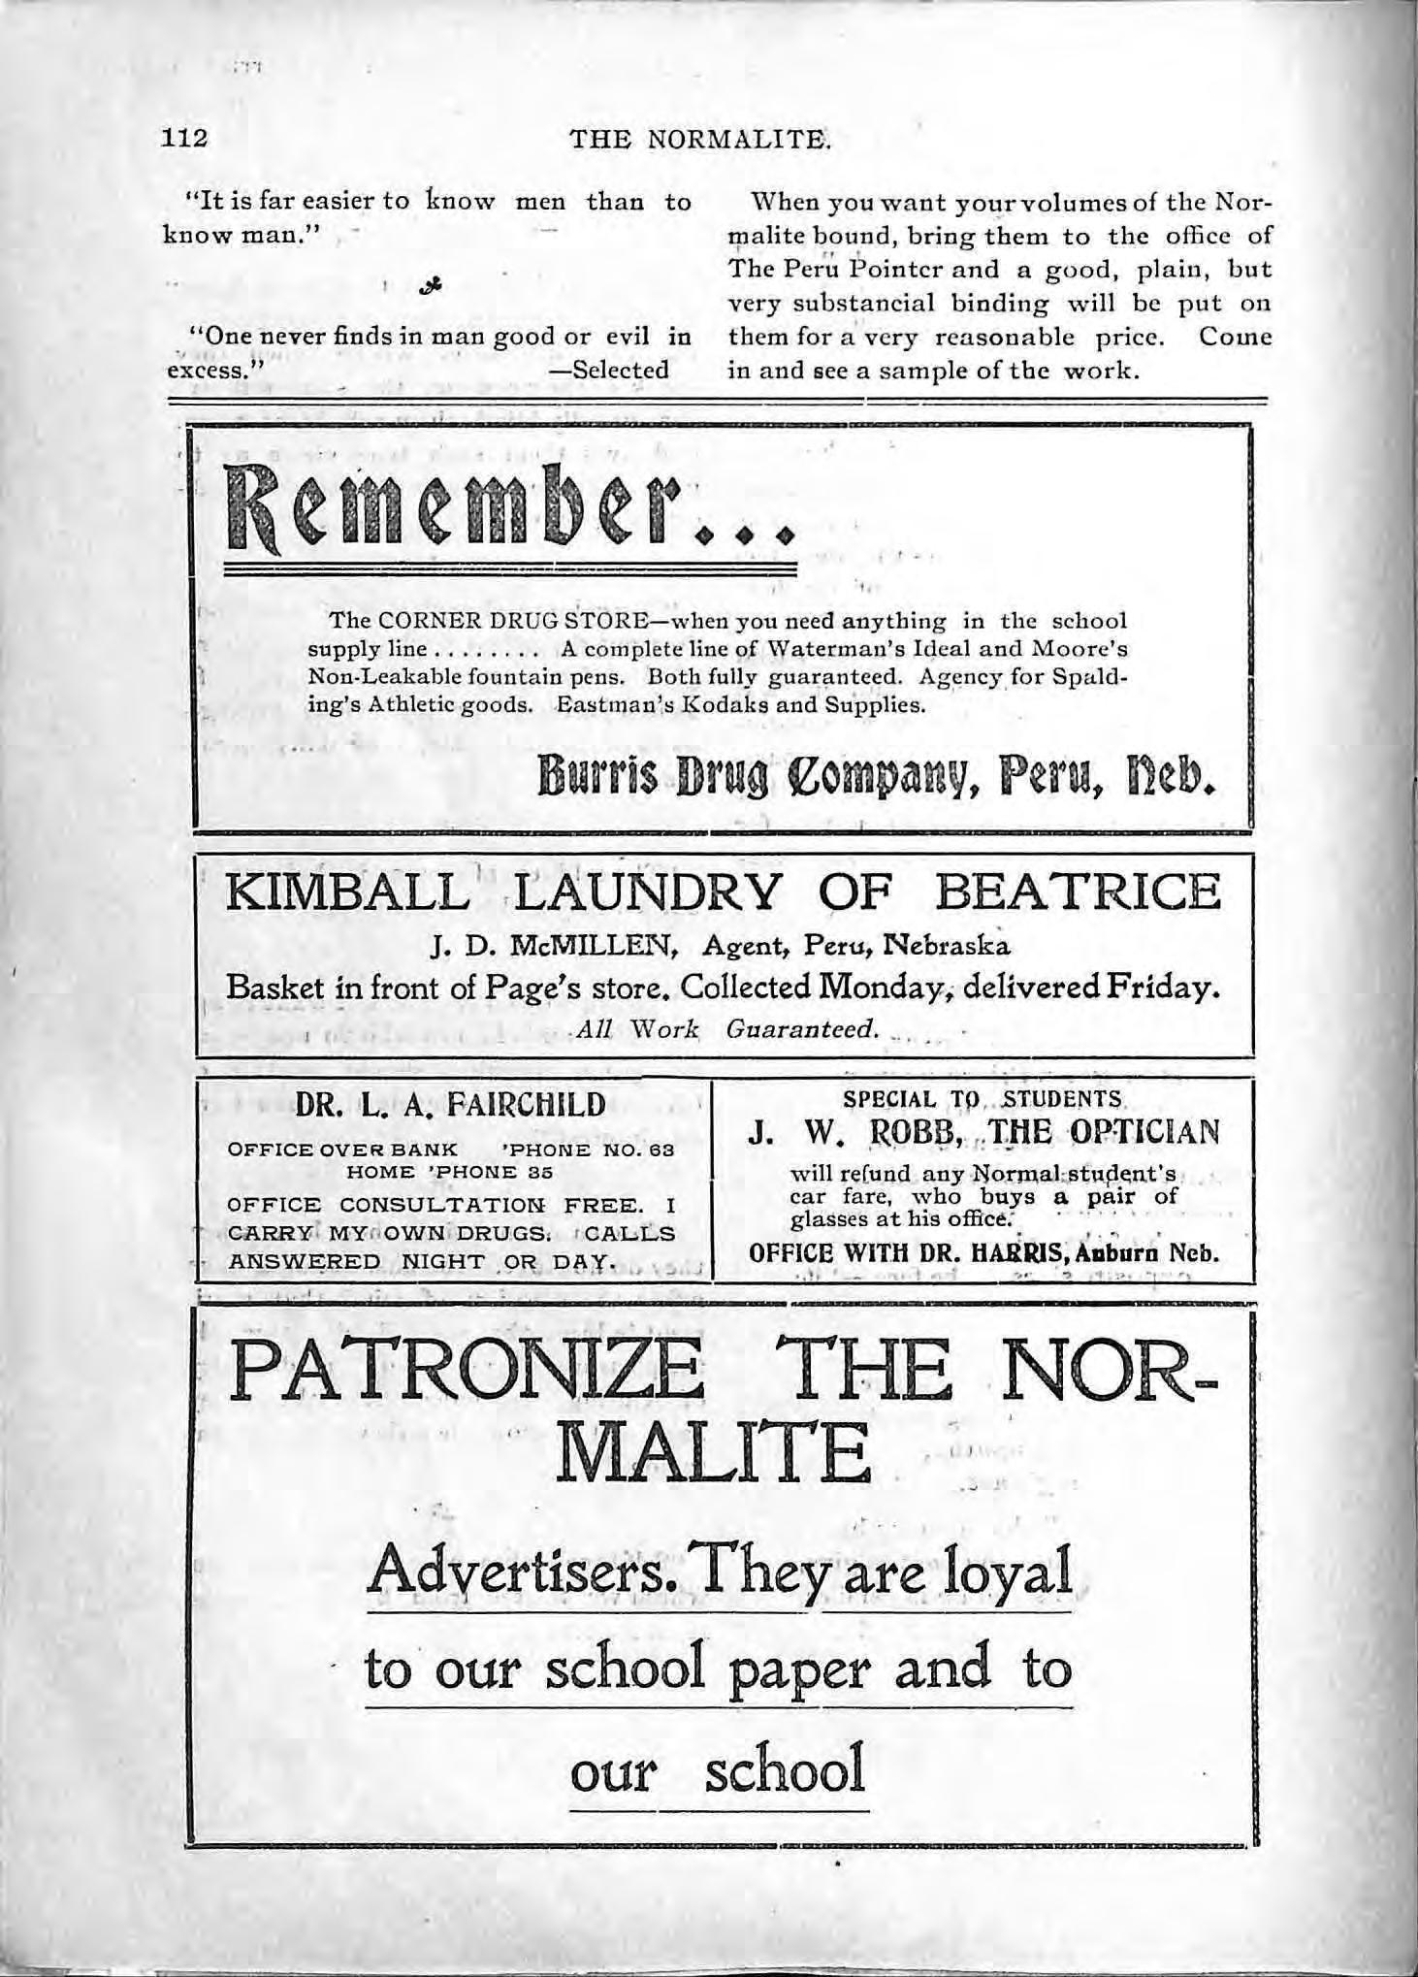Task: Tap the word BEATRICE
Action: tap(1080, 891)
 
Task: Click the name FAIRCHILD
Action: tap(525, 1104)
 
